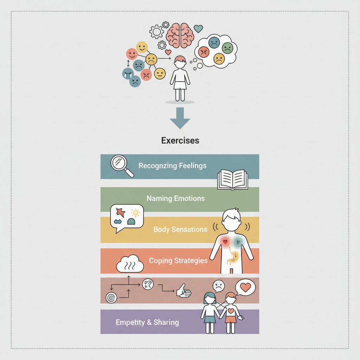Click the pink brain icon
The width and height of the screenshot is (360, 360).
[x=180, y=35]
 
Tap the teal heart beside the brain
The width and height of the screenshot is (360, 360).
[x=198, y=28]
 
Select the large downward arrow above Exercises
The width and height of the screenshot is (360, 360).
[x=180, y=118]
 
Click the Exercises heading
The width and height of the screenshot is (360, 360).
[x=180, y=141]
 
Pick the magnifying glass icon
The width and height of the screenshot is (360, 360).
[x=122, y=165]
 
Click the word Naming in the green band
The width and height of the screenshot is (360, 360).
[x=160, y=198]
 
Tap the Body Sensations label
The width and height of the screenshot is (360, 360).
[x=180, y=230]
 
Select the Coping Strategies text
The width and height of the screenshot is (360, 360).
[x=178, y=261]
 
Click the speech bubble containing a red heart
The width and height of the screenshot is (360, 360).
[x=245, y=287]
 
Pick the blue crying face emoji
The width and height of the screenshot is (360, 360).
[x=128, y=73]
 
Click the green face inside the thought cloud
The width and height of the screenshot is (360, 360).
[x=227, y=47]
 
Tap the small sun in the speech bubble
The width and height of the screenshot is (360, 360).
[x=135, y=212]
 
